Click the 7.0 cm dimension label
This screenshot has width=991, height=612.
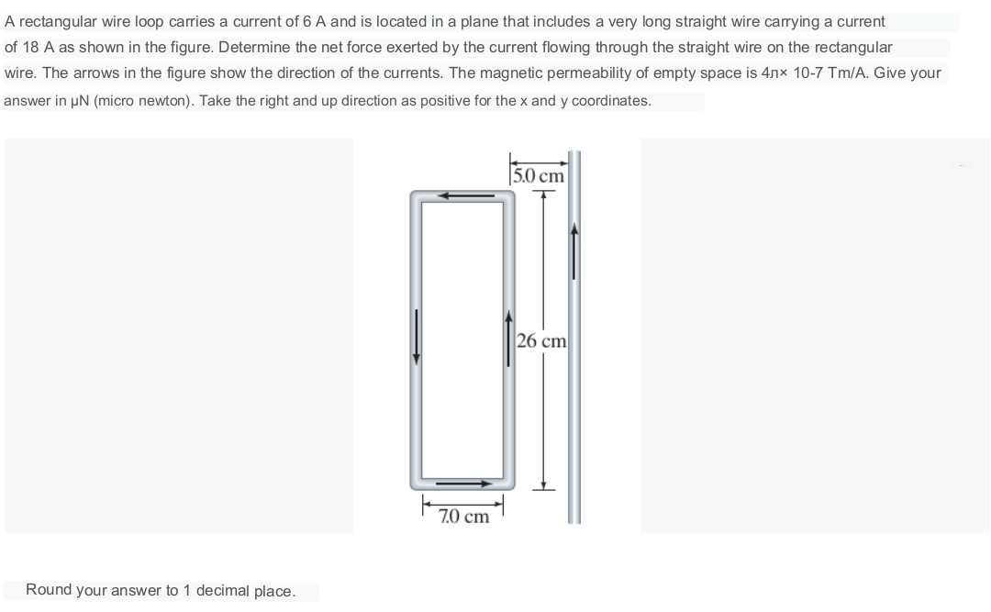[463, 517]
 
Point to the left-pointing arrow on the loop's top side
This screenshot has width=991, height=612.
[463, 195]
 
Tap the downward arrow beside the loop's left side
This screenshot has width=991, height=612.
[418, 337]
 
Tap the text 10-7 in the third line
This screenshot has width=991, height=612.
[811, 72]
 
